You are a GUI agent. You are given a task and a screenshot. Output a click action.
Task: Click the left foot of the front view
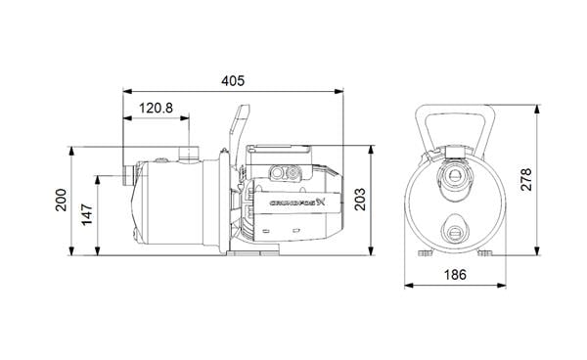coord(424,252)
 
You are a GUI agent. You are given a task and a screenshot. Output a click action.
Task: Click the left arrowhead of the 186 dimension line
coord(409,286)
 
